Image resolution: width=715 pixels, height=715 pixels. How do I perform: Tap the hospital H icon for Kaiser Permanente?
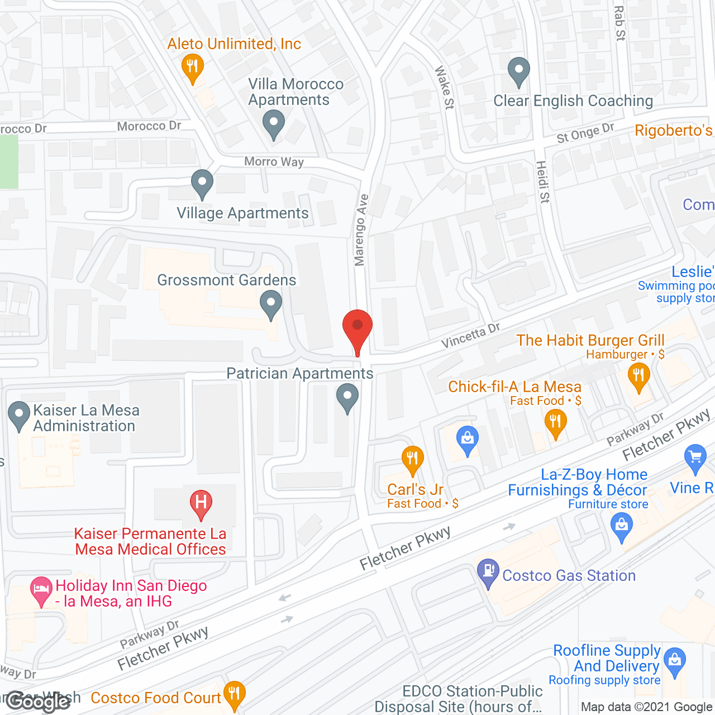(x=201, y=503)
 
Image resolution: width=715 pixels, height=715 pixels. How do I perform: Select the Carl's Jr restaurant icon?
(x=412, y=459)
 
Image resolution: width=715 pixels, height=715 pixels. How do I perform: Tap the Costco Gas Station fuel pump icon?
(x=488, y=572)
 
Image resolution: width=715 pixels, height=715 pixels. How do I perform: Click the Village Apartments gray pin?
(x=202, y=183)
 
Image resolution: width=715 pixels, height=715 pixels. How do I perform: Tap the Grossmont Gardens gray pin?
(x=271, y=304)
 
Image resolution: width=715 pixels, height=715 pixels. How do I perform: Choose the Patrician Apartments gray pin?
(x=347, y=397)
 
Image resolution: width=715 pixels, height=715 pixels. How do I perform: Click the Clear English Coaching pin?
(x=519, y=71)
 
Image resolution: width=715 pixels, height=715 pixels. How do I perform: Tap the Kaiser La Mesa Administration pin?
(x=19, y=415)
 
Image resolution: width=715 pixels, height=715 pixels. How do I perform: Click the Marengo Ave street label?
(x=361, y=230)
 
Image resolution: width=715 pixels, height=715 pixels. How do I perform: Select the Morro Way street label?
(x=274, y=161)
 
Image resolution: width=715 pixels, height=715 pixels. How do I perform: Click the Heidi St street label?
(x=543, y=182)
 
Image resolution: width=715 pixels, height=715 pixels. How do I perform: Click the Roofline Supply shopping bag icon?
(x=674, y=662)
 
